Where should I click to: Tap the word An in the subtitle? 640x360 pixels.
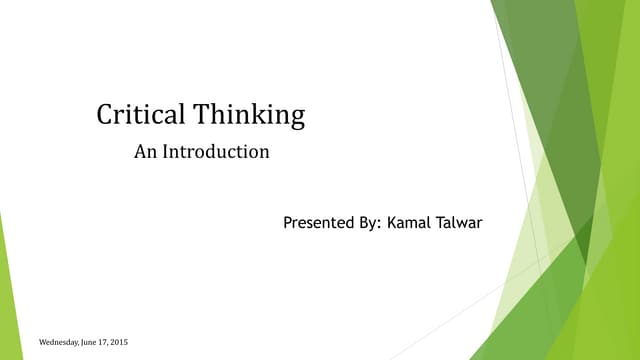tap(144, 153)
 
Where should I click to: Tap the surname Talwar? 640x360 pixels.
tap(458, 222)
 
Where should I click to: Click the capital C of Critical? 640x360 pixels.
tap(104, 115)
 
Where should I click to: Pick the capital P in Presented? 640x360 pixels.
tap(288, 222)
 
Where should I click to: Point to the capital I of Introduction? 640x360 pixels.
tap(165, 153)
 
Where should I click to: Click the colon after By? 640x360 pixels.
tap(378, 224)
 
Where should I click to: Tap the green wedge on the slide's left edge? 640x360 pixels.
tap(6, 290)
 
